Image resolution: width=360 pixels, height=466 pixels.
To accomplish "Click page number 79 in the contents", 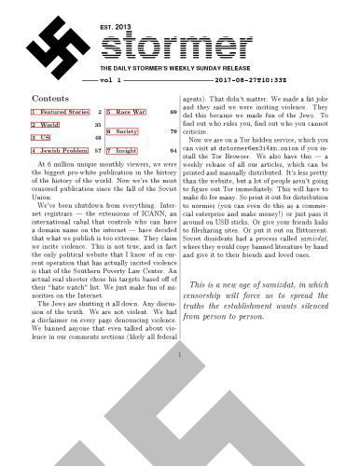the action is pos(173,131).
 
